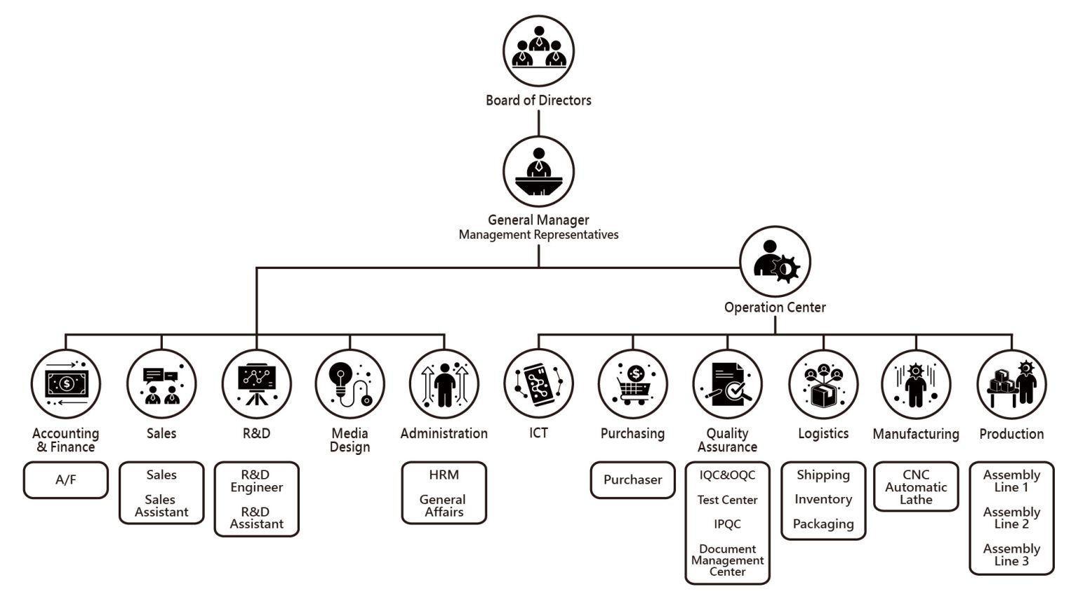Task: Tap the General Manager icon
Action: click(x=538, y=171)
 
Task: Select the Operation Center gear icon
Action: click(x=775, y=261)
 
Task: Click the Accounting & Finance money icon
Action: click(x=66, y=384)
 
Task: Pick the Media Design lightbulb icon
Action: click(x=350, y=384)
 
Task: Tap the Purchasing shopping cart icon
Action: click(x=632, y=384)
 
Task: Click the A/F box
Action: click(x=66, y=480)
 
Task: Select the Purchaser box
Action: click(x=632, y=480)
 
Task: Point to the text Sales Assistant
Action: click(x=161, y=506)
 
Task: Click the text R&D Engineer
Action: click(x=256, y=481)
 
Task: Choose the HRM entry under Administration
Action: click(x=444, y=475)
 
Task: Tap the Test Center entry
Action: click(x=727, y=500)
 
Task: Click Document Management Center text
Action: click(x=727, y=560)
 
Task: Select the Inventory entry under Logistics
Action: click(x=823, y=499)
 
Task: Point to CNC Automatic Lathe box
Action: click(x=916, y=487)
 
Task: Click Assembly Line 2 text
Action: click(x=1011, y=518)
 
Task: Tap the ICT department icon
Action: click(x=538, y=384)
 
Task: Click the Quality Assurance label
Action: click(x=727, y=440)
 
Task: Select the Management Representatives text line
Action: click(x=538, y=235)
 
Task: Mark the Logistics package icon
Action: click(x=823, y=384)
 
